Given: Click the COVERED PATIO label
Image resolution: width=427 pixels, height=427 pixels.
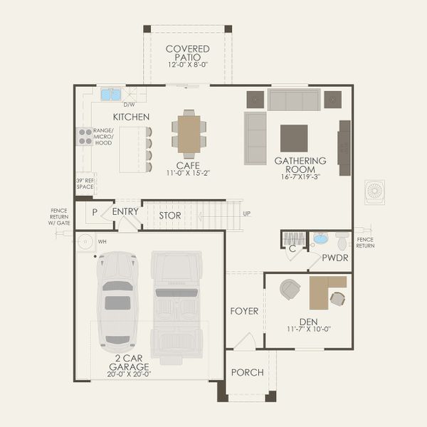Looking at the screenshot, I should point(188,53).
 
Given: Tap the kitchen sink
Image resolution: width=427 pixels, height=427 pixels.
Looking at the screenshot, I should point(110,94).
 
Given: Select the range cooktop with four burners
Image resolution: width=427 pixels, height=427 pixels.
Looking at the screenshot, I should point(84,136).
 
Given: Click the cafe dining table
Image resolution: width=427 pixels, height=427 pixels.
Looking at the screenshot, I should point(189,135).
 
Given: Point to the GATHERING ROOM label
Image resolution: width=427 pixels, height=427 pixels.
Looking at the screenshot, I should point(300,165).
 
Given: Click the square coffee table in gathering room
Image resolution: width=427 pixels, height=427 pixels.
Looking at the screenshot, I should point(294,138).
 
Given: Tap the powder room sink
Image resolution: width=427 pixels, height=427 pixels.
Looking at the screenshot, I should point(320,238).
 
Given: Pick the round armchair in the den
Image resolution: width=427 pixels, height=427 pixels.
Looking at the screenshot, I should point(290,289).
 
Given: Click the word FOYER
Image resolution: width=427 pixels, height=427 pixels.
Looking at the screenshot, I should point(244,312).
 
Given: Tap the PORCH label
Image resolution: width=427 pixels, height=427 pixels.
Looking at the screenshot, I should point(247,372).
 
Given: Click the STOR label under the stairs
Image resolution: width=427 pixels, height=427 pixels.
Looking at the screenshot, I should point(169,215).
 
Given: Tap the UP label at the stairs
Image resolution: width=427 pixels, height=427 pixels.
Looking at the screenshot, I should point(247,213).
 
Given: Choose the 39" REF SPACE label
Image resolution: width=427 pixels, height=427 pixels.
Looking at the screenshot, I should point(85,184).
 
